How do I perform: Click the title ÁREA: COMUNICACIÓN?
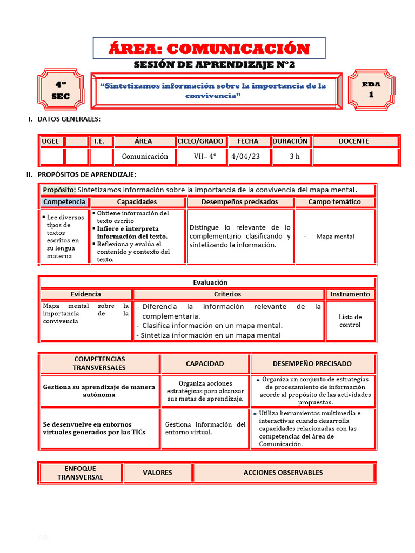pos(209,49)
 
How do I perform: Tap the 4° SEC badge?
pos(61,90)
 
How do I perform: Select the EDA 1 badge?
pos(371,89)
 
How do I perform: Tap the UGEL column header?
pos(51,141)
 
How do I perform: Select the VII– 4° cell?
pos(205,157)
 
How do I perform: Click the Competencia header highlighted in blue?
pos(64,202)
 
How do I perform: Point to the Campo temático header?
pos(334,202)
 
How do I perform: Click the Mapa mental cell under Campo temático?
pos(335,237)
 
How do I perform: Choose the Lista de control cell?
pos(350,321)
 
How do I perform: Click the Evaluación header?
pos(210,282)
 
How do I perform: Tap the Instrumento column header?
pos(350,294)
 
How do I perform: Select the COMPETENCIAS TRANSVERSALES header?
pos(99,363)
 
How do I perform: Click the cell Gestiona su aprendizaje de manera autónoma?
pos(99,390)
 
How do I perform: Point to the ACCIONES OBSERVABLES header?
pos(283,473)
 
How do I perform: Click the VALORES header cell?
pos(157,473)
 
